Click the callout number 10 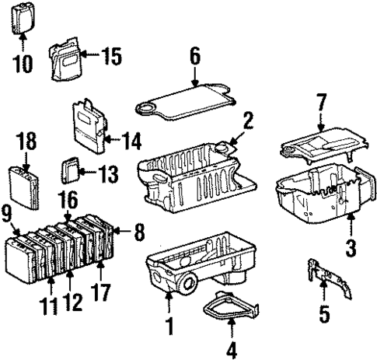(x=23, y=63)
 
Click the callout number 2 (x=247, y=121)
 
